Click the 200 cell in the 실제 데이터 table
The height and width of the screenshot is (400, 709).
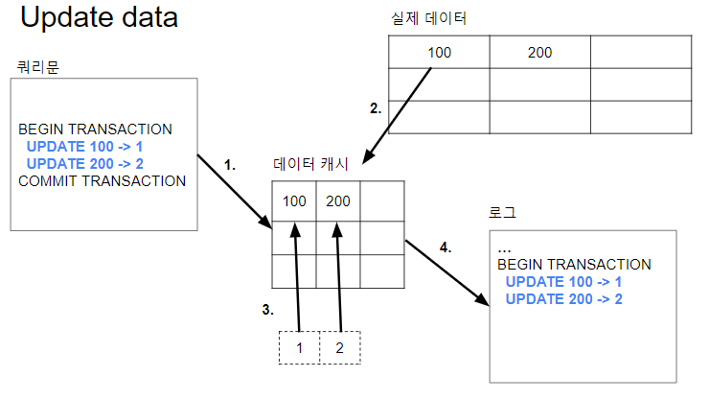[x=539, y=52]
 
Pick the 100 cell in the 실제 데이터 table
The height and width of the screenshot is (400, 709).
[x=439, y=52]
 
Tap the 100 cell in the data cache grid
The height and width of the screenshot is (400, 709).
[x=295, y=201]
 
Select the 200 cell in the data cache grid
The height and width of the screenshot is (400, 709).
[x=339, y=201]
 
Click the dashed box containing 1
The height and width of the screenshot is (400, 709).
[x=300, y=347]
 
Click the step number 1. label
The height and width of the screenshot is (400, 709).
[x=230, y=165]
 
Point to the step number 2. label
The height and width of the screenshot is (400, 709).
[x=376, y=108]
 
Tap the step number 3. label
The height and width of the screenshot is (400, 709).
[x=268, y=310]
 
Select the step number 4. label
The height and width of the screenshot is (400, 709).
[x=445, y=247]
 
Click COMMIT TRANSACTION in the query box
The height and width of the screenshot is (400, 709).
[x=102, y=180]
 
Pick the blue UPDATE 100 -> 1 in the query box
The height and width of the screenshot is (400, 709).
[x=84, y=147]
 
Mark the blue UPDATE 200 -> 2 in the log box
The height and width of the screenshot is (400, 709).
[x=563, y=299]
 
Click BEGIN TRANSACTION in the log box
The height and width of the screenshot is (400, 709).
[x=574, y=265]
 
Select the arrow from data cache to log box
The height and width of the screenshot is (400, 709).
[x=442, y=271]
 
